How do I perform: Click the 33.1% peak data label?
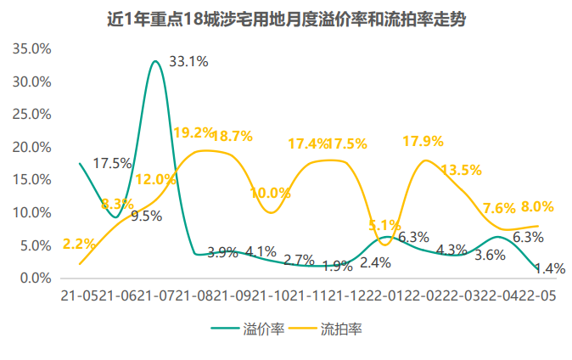pyautogui.click(x=188, y=61)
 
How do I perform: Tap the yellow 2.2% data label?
pyautogui.click(x=79, y=244)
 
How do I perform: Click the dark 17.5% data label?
pyautogui.click(x=112, y=163)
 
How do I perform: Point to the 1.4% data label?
pyautogui.click(x=550, y=268)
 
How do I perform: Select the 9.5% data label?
pyautogui.click(x=146, y=216)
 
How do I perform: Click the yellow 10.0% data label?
pyautogui.click(x=270, y=194)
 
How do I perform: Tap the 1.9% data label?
pyautogui.click(x=337, y=266)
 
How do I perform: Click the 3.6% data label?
pyautogui.click(x=490, y=255)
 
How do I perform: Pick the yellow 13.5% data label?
pyautogui.click(x=461, y=171)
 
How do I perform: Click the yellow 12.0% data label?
pyautogui.click(x=154, y=179)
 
